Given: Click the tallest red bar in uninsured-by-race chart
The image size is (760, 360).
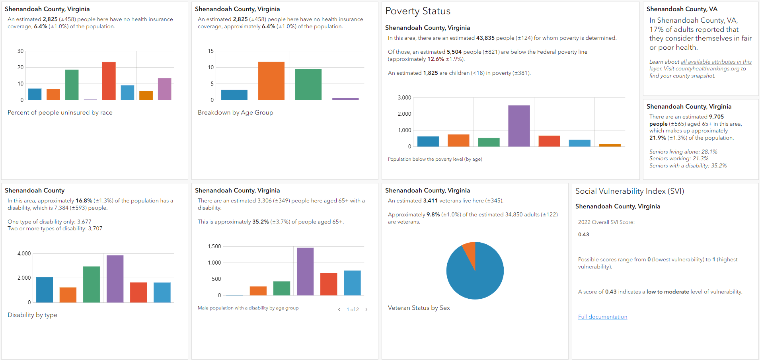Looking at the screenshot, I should click(109, 81).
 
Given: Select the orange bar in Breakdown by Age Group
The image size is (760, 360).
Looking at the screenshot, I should click(271, 81).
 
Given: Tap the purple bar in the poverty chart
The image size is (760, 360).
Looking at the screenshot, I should click(519, 126).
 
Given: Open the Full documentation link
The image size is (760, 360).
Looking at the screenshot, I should click(602, 317).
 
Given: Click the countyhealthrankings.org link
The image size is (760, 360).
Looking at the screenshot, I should click(707, 69).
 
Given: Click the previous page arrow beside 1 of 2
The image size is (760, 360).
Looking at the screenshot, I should click(339, 309).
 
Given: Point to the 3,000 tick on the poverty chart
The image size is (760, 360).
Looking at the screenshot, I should click(404, 97).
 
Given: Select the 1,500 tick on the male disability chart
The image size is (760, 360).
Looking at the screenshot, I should click(214, 246).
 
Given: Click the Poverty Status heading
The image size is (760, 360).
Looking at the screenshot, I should click(418, 11).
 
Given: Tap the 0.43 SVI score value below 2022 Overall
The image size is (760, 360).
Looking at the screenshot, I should click(583, 234).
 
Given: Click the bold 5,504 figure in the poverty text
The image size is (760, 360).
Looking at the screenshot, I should click(454, 52).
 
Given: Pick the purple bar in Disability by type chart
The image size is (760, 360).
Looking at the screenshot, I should click(115, 279).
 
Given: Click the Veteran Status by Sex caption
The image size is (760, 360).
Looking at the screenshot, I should click(419, 307).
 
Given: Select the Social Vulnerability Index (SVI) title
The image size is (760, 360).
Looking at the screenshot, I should click(629, 191).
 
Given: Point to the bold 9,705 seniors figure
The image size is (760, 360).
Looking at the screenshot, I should click(716, 117).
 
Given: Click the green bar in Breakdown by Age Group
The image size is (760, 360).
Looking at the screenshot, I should click(308, 84).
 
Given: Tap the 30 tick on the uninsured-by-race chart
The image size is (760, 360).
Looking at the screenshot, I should click(20, 51).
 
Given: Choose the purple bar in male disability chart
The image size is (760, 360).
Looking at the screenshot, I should click(305, 271).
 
